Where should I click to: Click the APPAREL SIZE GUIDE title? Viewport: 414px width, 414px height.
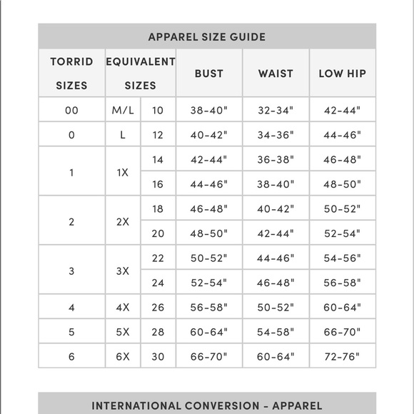click(x=207, y=37)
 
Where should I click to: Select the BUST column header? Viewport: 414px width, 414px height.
click(x=208, y=74)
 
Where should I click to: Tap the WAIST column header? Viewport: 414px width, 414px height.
click(x=276, y=74)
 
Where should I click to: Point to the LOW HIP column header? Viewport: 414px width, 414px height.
click(x=342, y=74)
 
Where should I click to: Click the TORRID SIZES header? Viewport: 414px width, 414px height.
click(x=71, y=74)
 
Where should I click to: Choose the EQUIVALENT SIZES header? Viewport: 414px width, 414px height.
click(x=141, y=74)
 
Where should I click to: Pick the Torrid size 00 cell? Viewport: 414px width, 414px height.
click(x=71, y=111)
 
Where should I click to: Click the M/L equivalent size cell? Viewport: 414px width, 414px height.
click(x=123, y=111)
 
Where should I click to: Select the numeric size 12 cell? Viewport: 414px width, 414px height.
click(x=158, y=135)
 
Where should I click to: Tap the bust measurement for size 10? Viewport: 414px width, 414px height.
click(x=208, y=111)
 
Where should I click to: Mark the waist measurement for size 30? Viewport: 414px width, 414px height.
click(x=276, y=356)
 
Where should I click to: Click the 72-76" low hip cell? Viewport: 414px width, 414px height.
click(x=342, y=356)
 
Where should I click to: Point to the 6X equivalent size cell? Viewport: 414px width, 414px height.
click(x=123, y=356)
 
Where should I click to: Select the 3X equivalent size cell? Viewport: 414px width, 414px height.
click(x=123, y=271)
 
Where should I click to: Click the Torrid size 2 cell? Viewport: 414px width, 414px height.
click(x=71, y=222)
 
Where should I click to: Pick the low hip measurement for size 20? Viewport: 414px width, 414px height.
click(x=342, y=233)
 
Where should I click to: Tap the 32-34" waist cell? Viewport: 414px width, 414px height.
click(x=276, y=111)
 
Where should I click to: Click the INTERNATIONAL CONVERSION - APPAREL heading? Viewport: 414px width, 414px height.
click(x=207, y=405)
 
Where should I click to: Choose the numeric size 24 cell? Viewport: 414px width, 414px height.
click(x=158, y=283)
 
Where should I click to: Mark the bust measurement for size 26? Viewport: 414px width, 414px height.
click(x=208, y=308)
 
